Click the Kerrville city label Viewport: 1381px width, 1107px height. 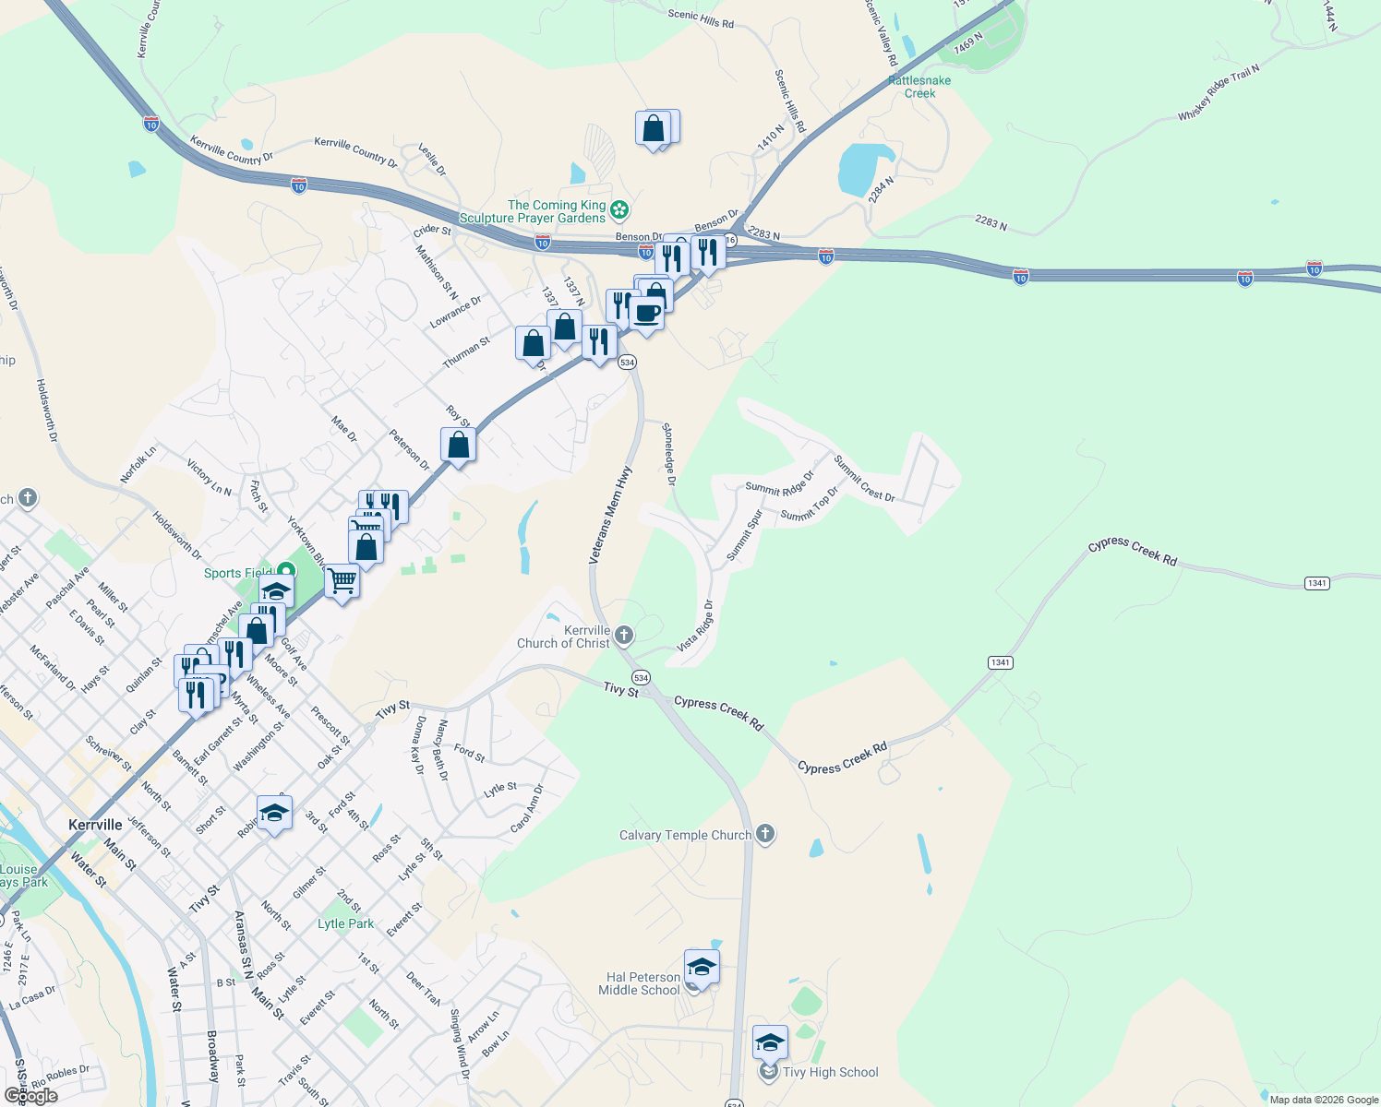click(95, 825)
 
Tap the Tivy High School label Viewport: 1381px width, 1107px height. click(830, 1072)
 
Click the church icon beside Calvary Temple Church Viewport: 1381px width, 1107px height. click(764, 835)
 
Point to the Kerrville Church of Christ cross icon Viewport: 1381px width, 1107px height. click(624, 635)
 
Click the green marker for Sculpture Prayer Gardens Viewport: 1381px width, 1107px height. click(619, 211)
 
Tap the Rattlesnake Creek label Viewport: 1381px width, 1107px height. click(919, 87)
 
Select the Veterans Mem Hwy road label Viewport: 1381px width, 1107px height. click(611, 515)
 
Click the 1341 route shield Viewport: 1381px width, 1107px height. click(1316, 583)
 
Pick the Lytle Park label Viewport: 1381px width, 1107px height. click(346, 923)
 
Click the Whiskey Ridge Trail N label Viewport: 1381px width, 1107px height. click(1219, 93)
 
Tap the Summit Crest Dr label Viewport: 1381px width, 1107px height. click(864, 479)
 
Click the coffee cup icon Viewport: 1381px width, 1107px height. click(647, 314)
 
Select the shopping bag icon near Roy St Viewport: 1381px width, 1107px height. click(458, 446)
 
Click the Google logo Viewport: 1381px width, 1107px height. click(30, 1096)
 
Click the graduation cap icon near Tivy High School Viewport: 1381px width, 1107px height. click(770, 1043)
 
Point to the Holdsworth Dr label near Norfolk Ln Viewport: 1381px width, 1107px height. click(176, 536)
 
